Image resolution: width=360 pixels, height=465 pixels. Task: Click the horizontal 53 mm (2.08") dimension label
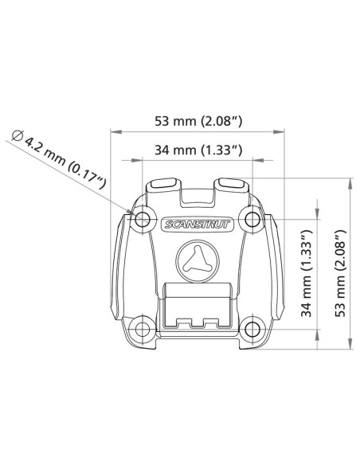198,121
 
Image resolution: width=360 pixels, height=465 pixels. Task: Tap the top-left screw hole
143,219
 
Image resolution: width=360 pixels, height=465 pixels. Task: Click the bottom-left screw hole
143,326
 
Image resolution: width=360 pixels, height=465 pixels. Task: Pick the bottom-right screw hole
252,326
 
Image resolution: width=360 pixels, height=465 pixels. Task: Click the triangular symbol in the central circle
197,260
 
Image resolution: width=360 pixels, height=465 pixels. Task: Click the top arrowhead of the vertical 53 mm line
349,181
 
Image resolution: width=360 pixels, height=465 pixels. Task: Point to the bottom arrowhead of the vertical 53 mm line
349,346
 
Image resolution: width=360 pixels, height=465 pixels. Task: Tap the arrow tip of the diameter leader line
132,213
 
